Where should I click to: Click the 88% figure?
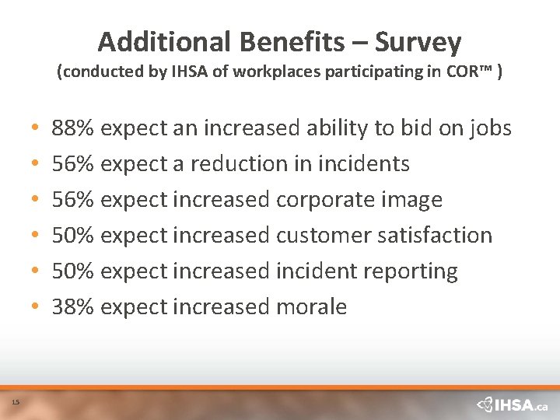(73, 128)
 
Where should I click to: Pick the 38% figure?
(73, 306)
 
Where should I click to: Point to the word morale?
(311, 306)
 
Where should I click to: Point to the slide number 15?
(16, 401)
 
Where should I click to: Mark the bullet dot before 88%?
(37, 128)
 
